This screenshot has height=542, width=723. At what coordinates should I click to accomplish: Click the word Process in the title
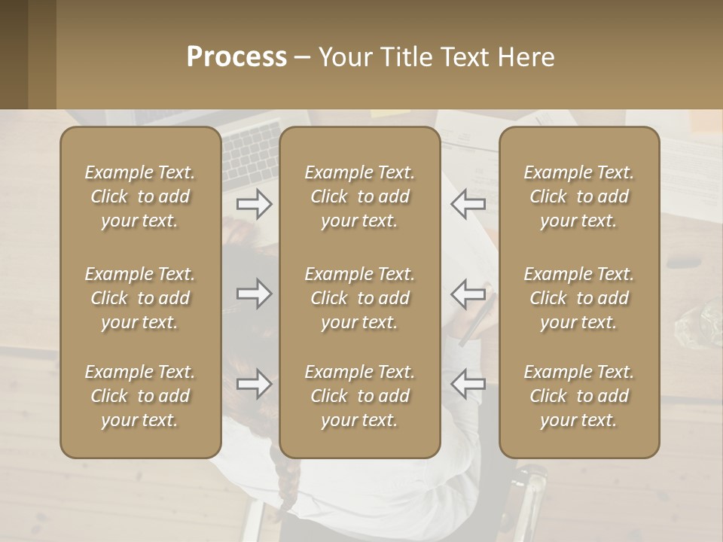point(236,57)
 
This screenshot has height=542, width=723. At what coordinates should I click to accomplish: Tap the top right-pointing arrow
point(254,203)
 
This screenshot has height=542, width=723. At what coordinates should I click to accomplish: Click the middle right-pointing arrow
point(254,294)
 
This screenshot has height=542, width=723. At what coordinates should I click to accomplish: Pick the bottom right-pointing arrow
point(254,384)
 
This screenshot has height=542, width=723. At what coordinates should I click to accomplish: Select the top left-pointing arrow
point(468,203)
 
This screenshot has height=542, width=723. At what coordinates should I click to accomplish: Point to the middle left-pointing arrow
point(468,294)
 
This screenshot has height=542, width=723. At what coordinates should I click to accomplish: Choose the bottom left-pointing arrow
point(468,384)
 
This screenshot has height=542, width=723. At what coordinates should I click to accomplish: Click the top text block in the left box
point(140,196)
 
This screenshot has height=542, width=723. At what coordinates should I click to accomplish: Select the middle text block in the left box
point(140,298)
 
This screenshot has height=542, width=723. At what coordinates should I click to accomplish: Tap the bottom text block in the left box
point(140,396)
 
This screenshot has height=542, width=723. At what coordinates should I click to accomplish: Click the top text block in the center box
point(359,196)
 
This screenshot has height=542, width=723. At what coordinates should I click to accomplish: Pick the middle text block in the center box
point(359,298)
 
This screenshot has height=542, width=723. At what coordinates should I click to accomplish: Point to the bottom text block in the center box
point(359,396)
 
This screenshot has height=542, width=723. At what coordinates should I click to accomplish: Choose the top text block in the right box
point(579,196)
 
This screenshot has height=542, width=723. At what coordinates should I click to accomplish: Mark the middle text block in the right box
point(579,298)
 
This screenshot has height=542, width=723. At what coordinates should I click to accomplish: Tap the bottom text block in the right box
point(579,396)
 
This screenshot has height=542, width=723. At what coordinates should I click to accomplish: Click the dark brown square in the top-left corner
point(14,54)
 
